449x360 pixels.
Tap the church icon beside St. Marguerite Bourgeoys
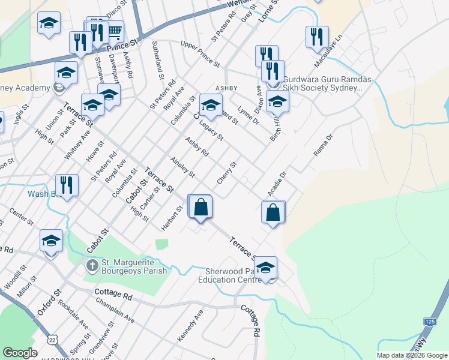(92, 264)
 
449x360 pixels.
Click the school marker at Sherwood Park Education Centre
(265, 269)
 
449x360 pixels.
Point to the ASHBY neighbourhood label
(235, 87)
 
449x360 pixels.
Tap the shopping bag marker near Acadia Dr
(273, 212)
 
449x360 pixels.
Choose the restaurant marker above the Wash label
(67, 185)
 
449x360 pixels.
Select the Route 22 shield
(53, 339)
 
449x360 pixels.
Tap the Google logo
(20, 353)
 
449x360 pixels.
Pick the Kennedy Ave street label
(190, 326)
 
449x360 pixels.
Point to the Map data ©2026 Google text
(412, 355)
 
